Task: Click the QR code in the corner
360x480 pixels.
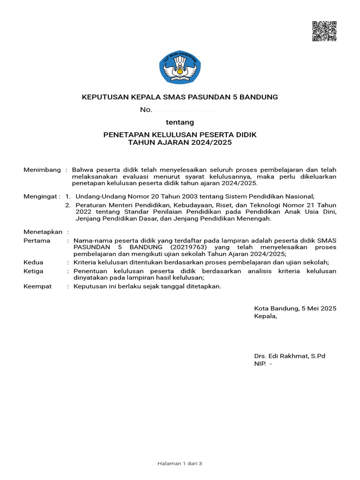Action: point(324,32)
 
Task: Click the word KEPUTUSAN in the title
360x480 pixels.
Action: point(105,97)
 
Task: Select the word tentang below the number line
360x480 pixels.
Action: point(180,122)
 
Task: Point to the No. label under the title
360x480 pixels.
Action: point(146,110)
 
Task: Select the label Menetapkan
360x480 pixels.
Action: point(43,232)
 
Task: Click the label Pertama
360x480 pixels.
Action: point(37,240)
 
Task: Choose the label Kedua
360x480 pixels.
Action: point(33,262)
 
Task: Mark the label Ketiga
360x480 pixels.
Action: point(34,271)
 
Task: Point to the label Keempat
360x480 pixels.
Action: point(37,286)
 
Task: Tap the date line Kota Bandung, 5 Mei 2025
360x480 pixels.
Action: point(295,308)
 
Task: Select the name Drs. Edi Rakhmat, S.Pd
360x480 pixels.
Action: point(289,356)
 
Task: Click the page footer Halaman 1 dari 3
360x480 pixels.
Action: point(180,463)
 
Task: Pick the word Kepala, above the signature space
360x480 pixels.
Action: point(265,316)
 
